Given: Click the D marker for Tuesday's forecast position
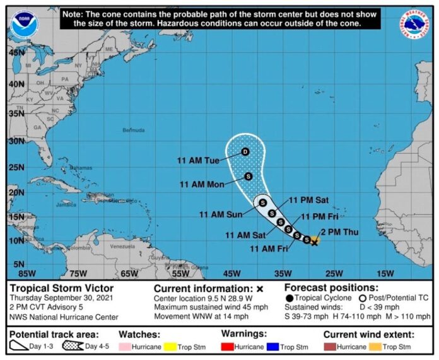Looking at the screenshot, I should [245, 151].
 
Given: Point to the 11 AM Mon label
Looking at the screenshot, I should [201, 185].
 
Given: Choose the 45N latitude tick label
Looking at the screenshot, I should [16, 53].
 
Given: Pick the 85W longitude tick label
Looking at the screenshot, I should [26, 274].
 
